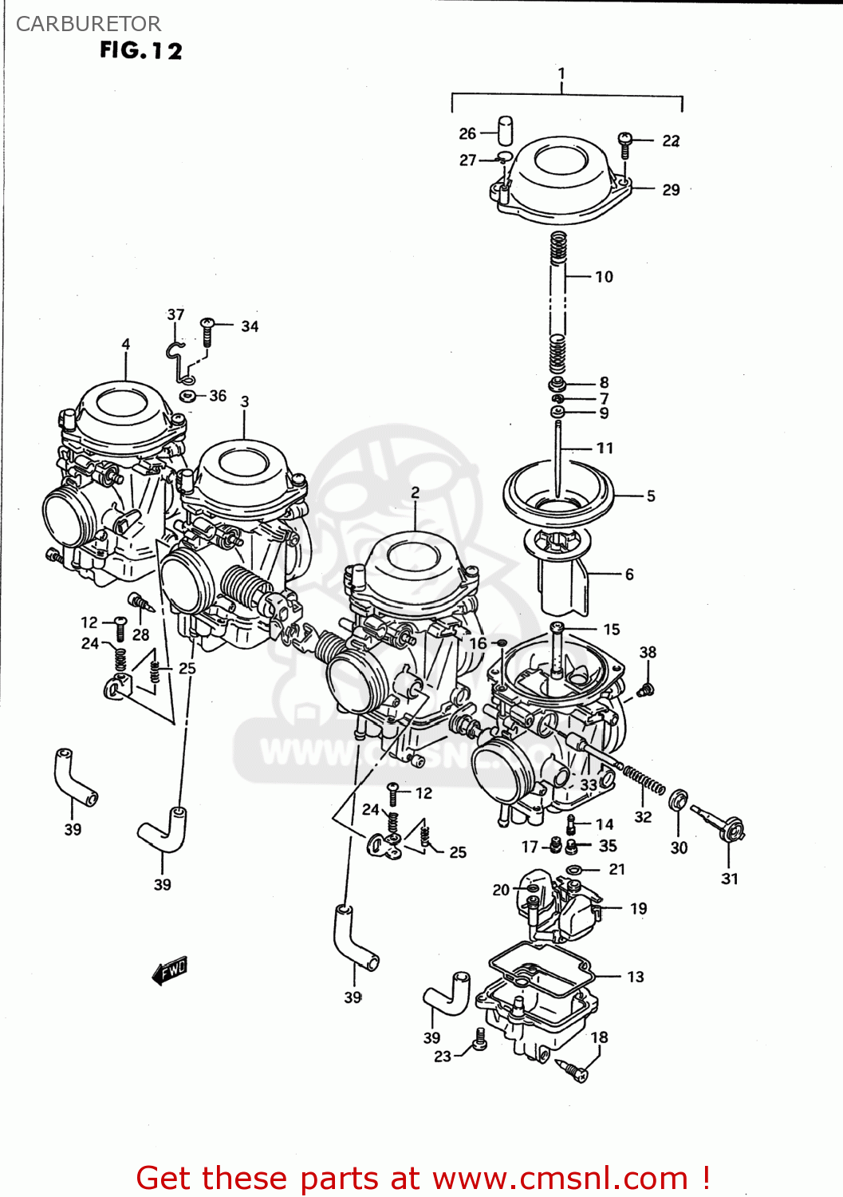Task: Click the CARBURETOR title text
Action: [89, 24]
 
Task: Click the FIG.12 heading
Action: [141, 50]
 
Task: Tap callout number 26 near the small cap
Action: [467, 133]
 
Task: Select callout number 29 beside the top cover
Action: [671, 190]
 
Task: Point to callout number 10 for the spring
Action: [604, 277]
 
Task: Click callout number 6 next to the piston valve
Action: [629, 574]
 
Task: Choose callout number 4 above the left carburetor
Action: [126, 345]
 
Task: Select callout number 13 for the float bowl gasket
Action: [635, 977]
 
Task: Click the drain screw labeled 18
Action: [576, 1070]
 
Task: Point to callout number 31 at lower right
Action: [729, 879]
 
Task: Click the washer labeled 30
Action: [679, 800]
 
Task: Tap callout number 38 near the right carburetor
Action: [648, 652]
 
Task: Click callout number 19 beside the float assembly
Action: [638, 908]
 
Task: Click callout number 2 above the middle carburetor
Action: [415, 492]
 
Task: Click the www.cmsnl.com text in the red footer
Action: [560, 1178]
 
